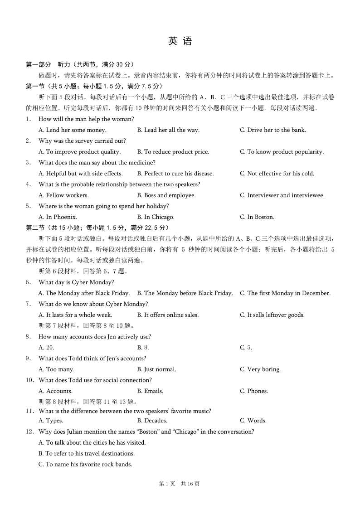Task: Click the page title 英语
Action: pos(180,41)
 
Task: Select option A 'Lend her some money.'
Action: pos(73,130)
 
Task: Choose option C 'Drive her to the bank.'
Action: pos(272,130)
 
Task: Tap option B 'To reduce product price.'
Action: pos(173,152)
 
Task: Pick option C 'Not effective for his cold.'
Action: pos(277,174)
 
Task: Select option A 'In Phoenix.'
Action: pos(58,217)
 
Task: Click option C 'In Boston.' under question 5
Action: pos(257,217)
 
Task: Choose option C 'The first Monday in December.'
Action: pos(285,293)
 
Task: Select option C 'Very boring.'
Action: pos(260,369)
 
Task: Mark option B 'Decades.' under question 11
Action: pos(152,421)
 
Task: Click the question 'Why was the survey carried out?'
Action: pos(82,141)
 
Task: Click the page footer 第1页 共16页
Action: pos(180,484)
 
